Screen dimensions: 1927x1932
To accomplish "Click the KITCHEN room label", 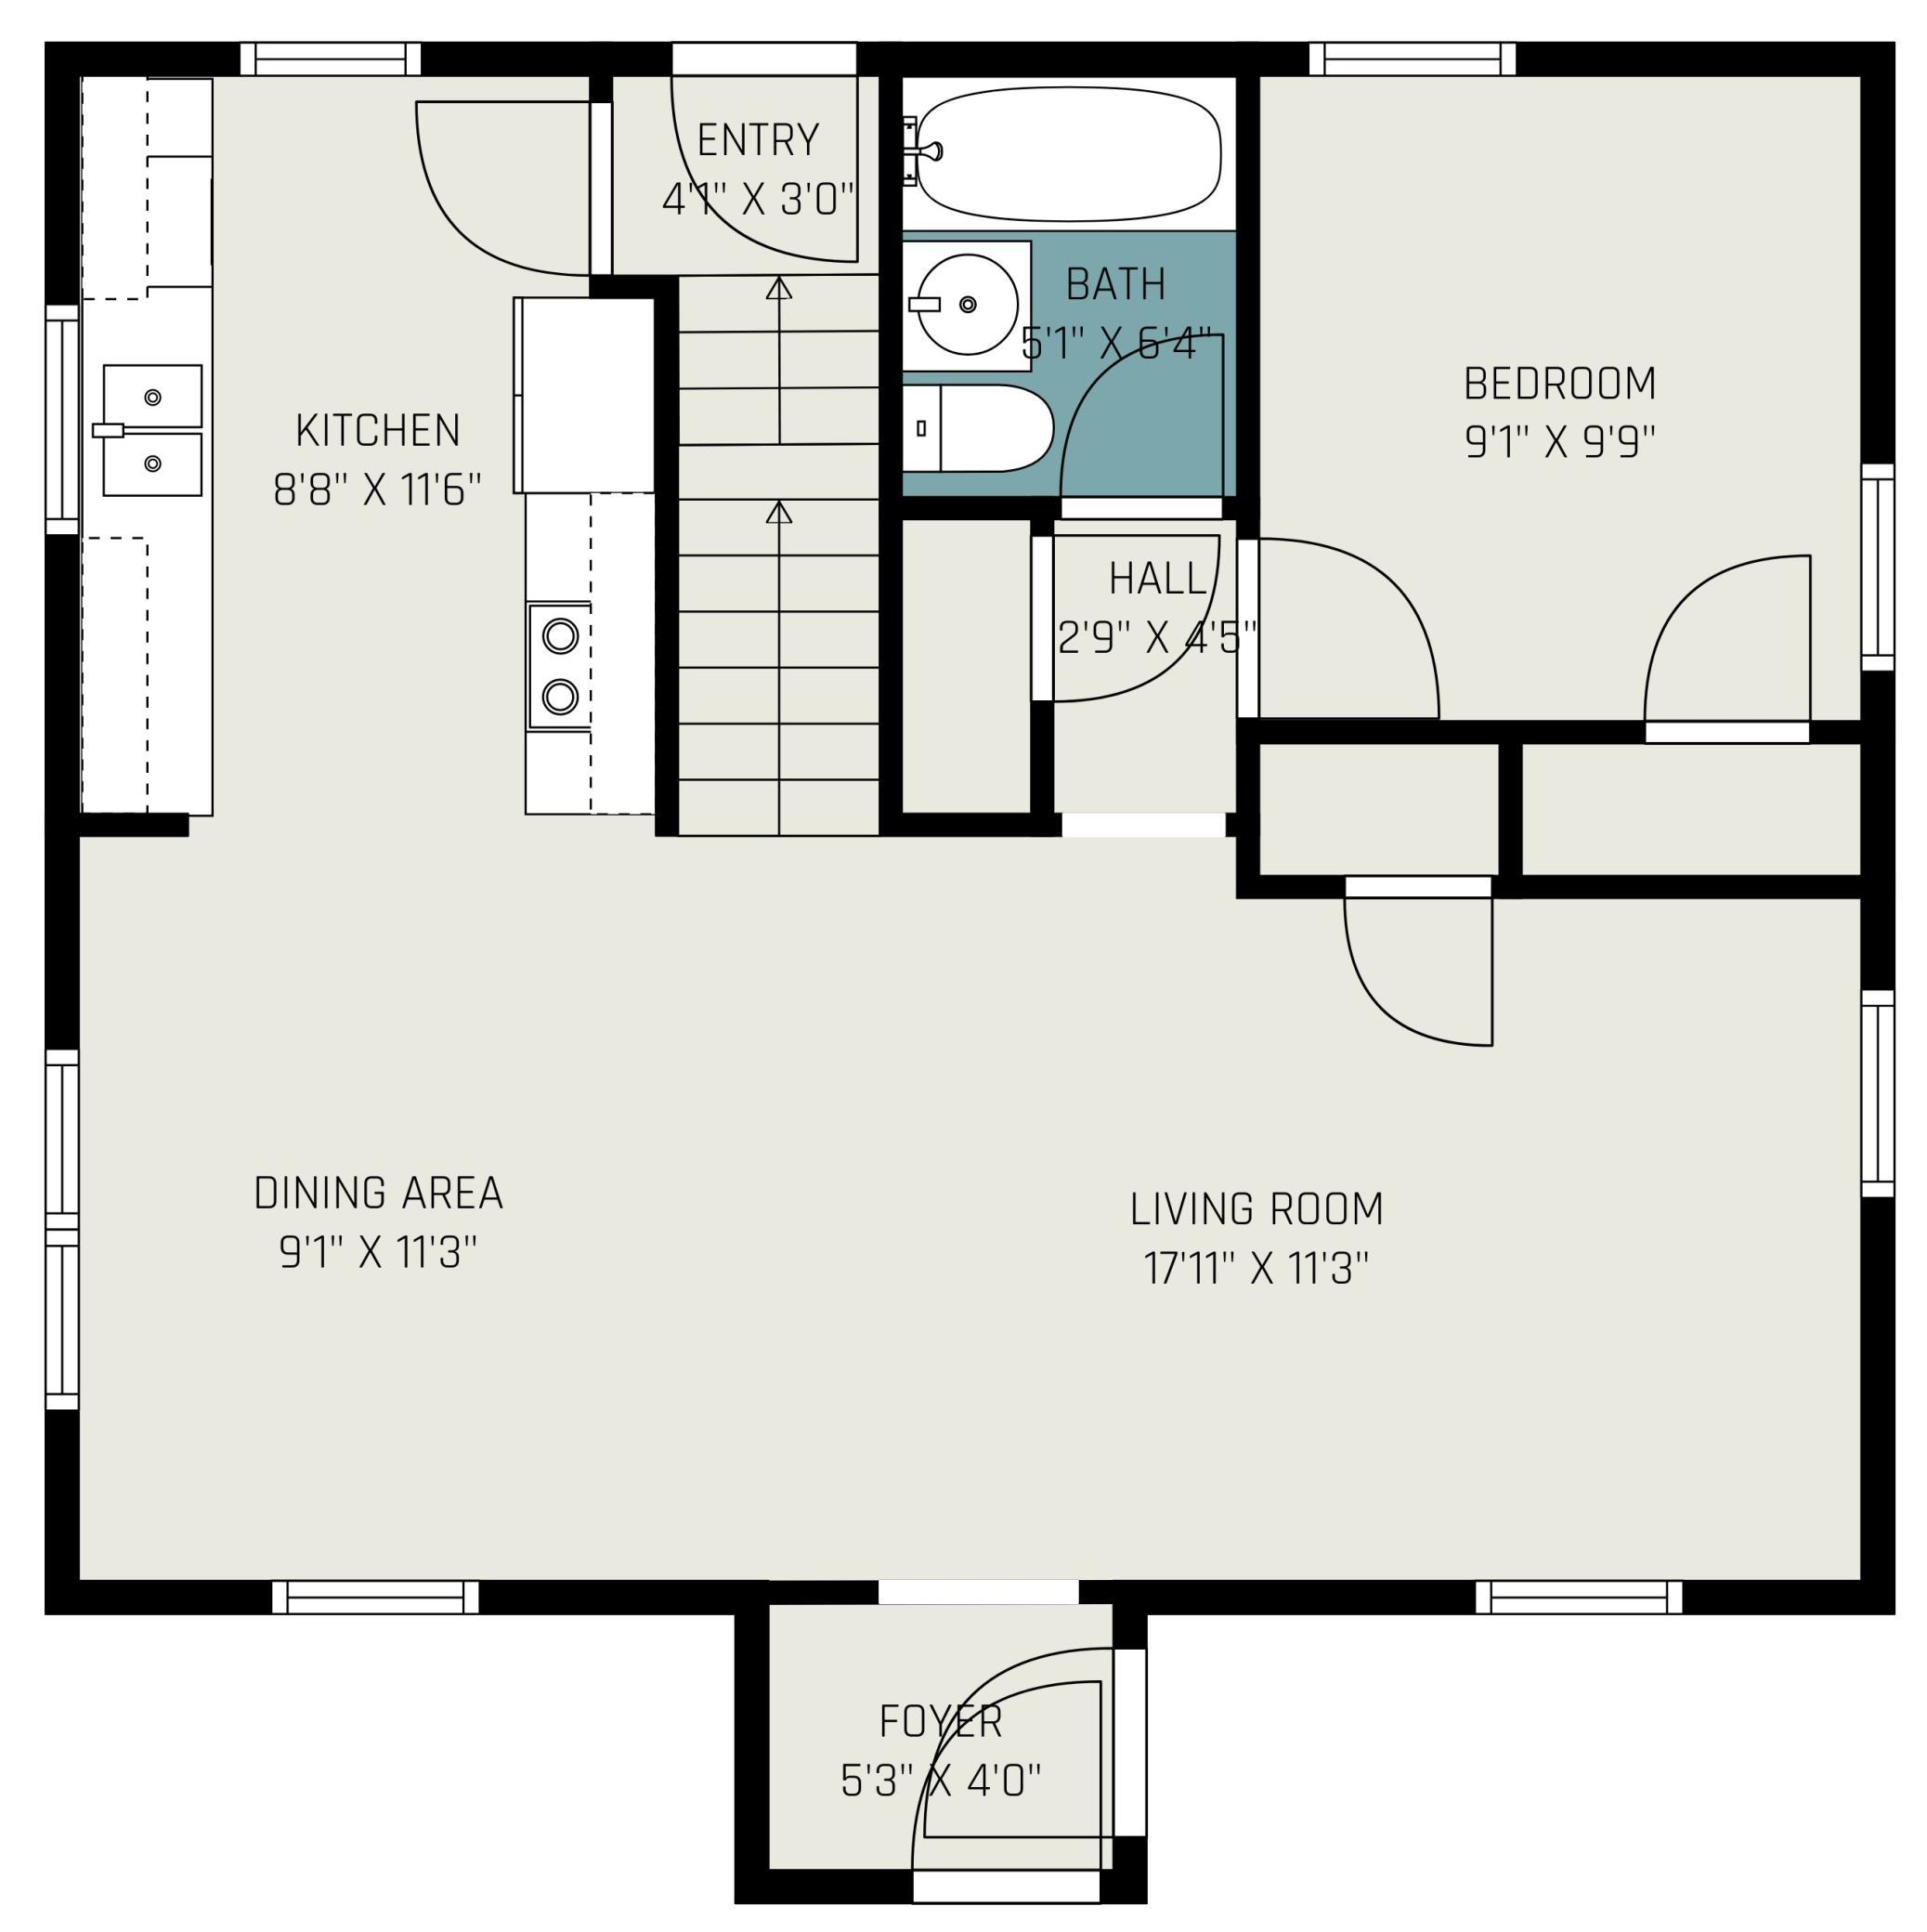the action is [378, 431].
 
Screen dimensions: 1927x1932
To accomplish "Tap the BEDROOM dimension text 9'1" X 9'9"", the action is [1560, 441].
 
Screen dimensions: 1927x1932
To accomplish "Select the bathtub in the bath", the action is [1069, 155].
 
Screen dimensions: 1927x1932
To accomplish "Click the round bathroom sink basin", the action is [968, 304].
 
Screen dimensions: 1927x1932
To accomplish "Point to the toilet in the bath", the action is [978, 428].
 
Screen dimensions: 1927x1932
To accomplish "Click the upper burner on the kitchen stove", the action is [560, 636].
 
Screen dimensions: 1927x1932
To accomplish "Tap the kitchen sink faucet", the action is [110, 430].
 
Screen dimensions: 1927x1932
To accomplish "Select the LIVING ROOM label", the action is [1257, 1209].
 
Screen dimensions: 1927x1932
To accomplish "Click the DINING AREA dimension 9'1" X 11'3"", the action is [378, 1252].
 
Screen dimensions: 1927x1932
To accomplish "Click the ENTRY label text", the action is [758, 140].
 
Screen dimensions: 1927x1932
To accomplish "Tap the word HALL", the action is [1158, 578].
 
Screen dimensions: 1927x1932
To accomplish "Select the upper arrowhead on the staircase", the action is [779, 288].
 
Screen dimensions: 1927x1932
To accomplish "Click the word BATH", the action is [1116, 285].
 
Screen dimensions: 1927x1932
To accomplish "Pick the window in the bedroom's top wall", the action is [1413, 59].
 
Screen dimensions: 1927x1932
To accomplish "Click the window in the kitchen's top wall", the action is [331, 59].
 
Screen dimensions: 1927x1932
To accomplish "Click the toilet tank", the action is [922, 428].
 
